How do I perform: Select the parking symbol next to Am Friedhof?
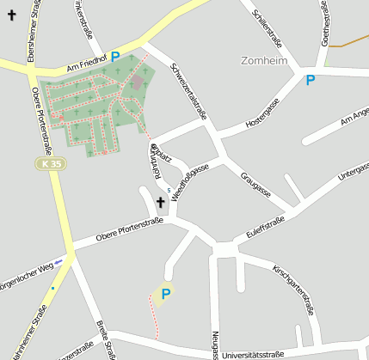(x=115, y=57)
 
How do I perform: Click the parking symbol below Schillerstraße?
(x=311, y=80)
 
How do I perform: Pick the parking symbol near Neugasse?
(x=166, y=294)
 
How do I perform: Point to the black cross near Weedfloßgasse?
(x=160, y=203)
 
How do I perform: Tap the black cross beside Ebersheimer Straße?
(x=11, y=15)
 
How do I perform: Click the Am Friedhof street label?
(x=86, y=65)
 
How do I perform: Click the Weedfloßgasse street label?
(x=190, y=186)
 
